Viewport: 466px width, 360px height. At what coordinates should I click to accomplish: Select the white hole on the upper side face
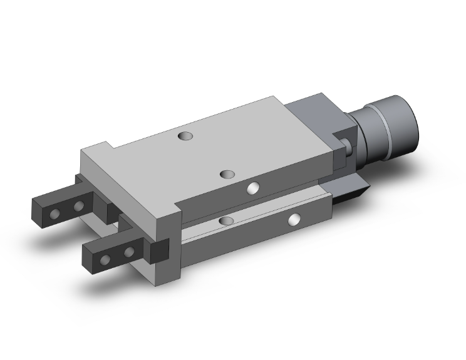pos(253,187)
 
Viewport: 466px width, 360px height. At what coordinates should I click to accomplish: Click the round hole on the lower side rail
pos(294,219)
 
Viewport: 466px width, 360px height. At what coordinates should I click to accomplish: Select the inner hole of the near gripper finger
pos(130,252)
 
